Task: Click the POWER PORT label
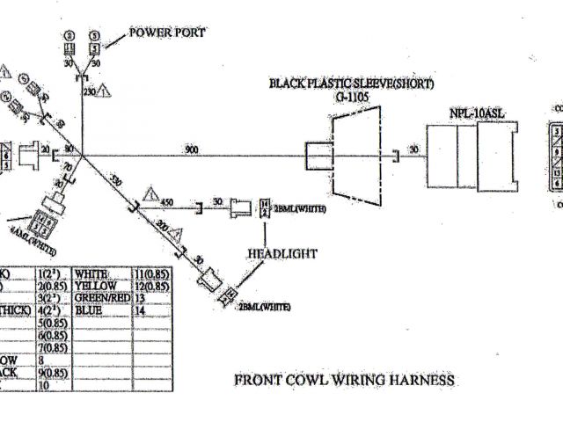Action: (168, 33)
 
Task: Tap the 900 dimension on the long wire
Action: (191, 149)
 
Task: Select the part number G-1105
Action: (351, 96)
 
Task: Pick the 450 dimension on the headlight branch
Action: (167, 203)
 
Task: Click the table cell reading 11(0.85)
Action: (150, 274)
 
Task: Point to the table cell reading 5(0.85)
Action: (54, 322)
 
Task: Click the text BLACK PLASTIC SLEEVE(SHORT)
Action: (352, 84)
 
